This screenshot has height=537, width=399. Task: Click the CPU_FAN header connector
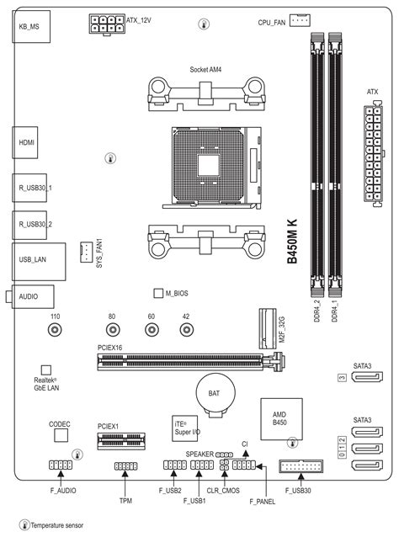(300, 20)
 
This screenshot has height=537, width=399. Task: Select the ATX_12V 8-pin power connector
(107, 24)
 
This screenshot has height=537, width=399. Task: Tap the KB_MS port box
(31, 26)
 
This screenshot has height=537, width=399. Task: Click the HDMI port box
(25, 142)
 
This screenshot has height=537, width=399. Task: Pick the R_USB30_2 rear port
(29, 225)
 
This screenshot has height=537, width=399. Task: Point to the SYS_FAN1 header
(87, 253)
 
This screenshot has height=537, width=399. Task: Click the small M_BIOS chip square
(158, 293)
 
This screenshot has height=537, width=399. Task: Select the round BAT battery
(215, 394)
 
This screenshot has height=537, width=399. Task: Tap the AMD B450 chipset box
(281, 419)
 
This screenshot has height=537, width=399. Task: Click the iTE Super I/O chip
(185, 428)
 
